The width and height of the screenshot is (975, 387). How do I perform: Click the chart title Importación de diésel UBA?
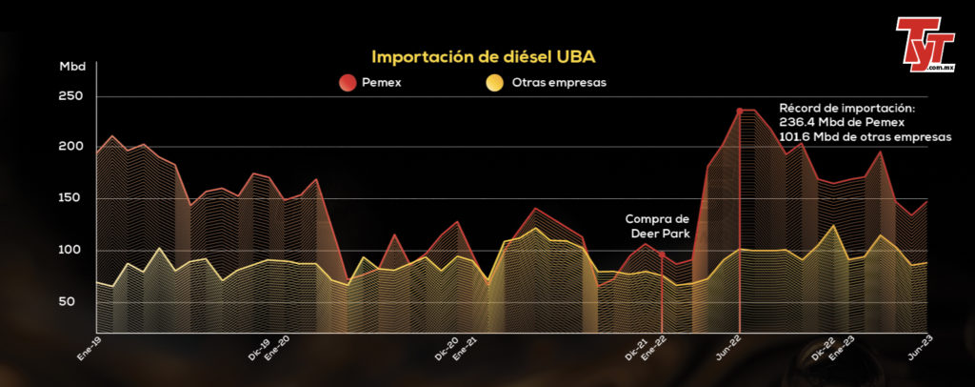484,57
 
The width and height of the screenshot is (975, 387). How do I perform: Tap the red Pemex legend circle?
348,83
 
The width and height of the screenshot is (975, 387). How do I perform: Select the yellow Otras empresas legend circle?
495,83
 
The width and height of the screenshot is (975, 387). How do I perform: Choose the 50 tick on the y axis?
76,302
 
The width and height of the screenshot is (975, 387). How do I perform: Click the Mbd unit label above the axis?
72,66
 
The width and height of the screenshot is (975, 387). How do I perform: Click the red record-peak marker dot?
739,111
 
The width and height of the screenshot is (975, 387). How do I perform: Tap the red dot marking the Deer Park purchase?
662,255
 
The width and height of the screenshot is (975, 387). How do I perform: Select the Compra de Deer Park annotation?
657,228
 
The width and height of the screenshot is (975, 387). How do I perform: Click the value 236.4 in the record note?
797,123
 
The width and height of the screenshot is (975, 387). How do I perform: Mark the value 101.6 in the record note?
796,138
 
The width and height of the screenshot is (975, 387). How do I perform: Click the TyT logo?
924,44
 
